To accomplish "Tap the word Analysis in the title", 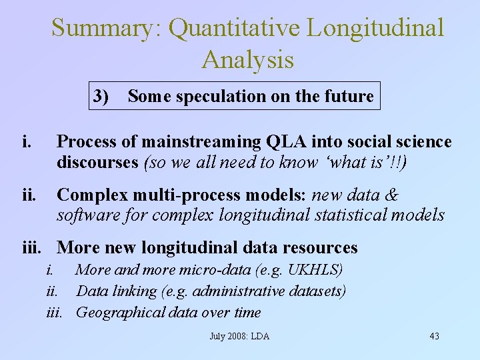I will coord(247,59).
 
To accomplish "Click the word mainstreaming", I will coord(204,142).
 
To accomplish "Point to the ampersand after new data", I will coord(393,195).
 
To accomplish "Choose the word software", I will coord(83,215).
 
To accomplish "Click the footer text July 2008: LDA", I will coord(239,336).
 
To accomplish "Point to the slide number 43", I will coord(434,336).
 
